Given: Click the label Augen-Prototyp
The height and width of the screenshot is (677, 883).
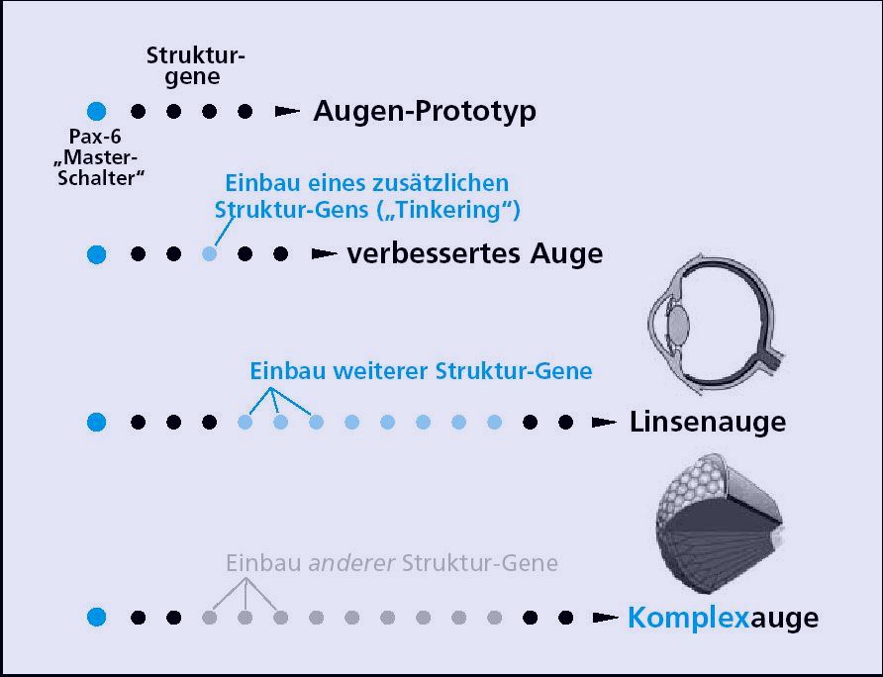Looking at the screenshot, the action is pyautogui.click(x=425, y=112).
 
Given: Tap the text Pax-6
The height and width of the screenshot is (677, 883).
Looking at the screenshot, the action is pyautogui.click(x=95, y=137).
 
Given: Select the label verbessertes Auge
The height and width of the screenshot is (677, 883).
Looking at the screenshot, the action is pyautogui.click(x=475, y=254).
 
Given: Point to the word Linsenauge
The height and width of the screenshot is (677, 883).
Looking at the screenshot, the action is pyautogui.click(x=708, y=422).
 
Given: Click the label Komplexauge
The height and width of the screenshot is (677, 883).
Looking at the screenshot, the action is pyautogui.click(x=723, y=618).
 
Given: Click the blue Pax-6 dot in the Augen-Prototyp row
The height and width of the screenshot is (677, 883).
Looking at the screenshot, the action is pyautogui.click(x=96, y=111).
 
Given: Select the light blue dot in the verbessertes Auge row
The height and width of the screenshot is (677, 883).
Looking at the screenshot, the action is pyautogui.click(x=209, y=254).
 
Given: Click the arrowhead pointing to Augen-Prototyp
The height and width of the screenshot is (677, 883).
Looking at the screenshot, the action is pyautogui.click(x=287, y=112).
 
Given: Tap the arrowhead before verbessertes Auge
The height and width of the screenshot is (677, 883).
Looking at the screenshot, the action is pyautogui.click(x=325, y=254).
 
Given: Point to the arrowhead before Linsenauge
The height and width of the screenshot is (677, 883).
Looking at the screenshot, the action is pyautogui.click(x=604, y=422).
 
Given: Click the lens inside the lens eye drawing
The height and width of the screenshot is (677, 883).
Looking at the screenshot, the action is pyautogui.click(x=678, y=324).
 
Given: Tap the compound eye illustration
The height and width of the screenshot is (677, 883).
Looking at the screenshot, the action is pyautogui.click(x=720, y=523).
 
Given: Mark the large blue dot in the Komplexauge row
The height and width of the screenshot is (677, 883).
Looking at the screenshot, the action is pyautogui.click(x=96, y=617).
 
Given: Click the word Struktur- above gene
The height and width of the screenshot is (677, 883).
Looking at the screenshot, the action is pyautogui.click(x=195, y=55).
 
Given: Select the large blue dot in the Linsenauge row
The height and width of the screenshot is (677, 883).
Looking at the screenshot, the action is pyautogui.click(x=96, y=422).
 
